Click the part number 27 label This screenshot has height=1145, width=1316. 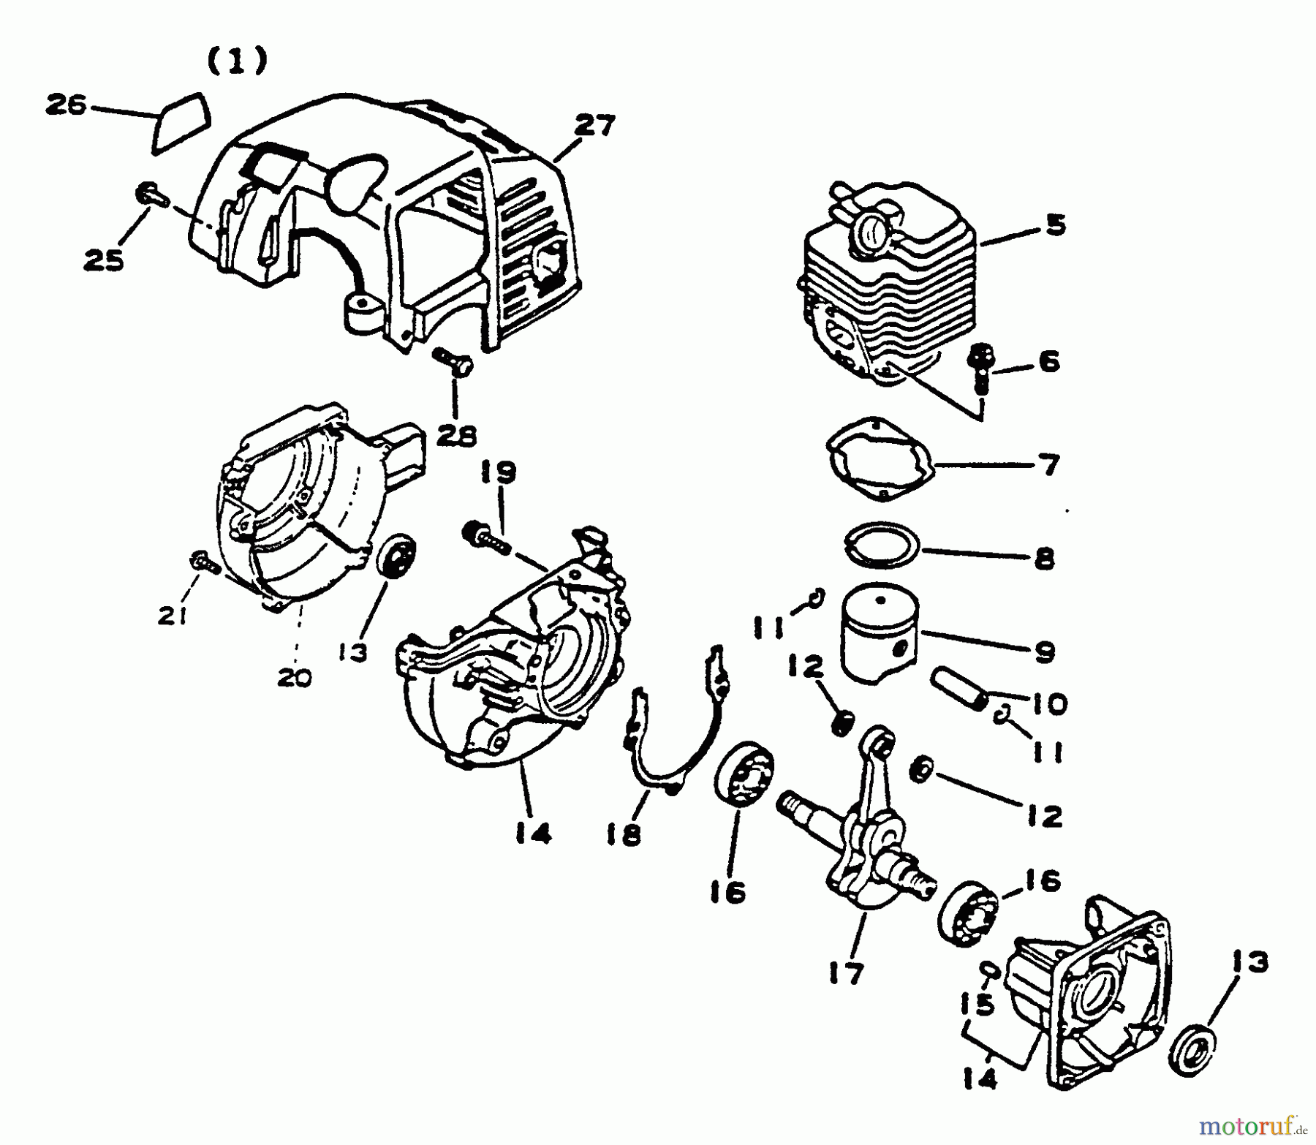coord(594,126)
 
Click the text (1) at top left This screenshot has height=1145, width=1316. coord(237,61)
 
